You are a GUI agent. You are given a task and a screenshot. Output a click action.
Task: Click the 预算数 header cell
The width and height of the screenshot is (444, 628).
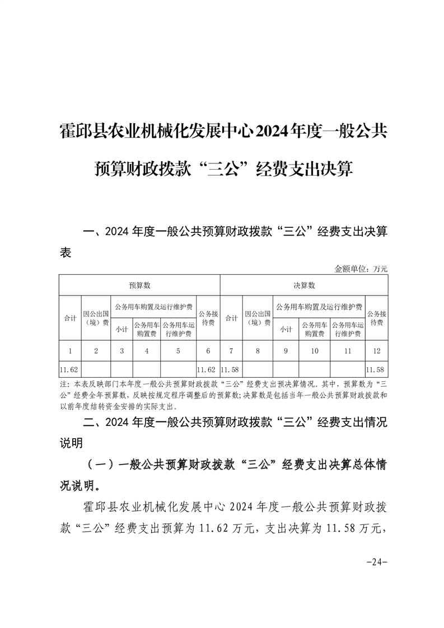[139, 285]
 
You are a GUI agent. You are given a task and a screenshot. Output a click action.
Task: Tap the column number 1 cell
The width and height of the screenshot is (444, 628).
[70, 351]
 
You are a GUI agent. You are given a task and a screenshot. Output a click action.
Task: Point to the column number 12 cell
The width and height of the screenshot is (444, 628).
[376, 351]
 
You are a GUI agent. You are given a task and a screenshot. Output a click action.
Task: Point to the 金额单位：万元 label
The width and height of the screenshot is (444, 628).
[361, 269]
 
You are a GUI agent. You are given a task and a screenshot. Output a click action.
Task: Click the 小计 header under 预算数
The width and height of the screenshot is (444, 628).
[121, 329]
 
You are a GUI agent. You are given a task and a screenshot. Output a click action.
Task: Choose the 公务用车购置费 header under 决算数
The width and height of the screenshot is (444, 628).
[314, 329]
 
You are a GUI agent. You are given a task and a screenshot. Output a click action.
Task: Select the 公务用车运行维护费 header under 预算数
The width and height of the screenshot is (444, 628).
[179, 329]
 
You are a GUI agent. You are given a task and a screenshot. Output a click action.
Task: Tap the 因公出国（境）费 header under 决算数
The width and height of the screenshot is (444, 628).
[258, 317]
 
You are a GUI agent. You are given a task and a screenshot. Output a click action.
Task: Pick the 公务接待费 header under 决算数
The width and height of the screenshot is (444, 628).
[376, 317]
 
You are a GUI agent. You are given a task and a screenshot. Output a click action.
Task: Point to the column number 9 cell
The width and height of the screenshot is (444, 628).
[286, 351]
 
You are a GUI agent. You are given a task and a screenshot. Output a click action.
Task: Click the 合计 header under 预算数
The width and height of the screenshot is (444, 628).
[70, 317]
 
